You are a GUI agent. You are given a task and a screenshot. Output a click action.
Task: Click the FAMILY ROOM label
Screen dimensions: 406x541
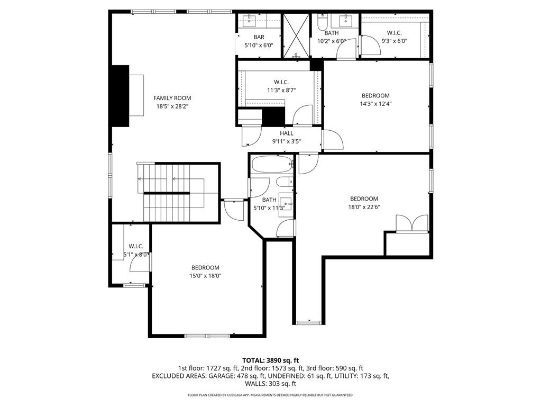(x=172, y=98)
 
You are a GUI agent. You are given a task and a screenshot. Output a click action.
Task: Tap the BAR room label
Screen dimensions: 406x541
(x=259, y=37)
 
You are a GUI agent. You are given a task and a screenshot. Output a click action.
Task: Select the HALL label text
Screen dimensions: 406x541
(x=287, y=133)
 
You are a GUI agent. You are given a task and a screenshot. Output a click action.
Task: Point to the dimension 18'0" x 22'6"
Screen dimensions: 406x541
(x=364, y=207)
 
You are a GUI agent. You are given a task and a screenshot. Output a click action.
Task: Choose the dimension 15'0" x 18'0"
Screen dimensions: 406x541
(x=205, y=276)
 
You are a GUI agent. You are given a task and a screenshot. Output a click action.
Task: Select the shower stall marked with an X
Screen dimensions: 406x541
(x=296, y=35)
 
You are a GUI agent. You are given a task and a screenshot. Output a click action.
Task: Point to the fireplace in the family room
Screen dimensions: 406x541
(x=121, y=95)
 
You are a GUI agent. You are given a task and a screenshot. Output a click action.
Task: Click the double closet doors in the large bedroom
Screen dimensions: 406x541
(x=412, y=224)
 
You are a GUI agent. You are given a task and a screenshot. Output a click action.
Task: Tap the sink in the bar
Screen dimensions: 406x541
(x=250, y=22)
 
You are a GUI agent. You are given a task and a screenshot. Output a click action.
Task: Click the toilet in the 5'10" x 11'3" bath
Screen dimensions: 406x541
(x=283, y=182)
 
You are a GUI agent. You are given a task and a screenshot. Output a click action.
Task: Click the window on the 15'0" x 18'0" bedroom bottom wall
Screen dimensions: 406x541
(x=207, y=336)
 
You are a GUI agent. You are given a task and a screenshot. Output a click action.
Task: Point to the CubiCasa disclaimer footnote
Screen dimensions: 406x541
(x=270, y=395)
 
